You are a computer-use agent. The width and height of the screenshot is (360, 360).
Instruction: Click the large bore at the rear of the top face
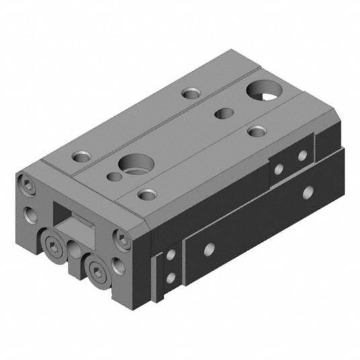coord(261,91)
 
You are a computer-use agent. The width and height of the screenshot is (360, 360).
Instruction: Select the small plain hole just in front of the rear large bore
coord(223,113)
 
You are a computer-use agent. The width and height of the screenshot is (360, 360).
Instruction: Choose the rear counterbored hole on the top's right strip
coord(256,130)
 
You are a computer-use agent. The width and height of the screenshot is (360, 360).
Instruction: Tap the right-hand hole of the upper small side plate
coord(302,156)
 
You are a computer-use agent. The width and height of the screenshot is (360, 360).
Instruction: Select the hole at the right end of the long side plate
coord(308,193)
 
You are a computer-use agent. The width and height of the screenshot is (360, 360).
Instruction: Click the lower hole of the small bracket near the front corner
coord(173,276)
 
